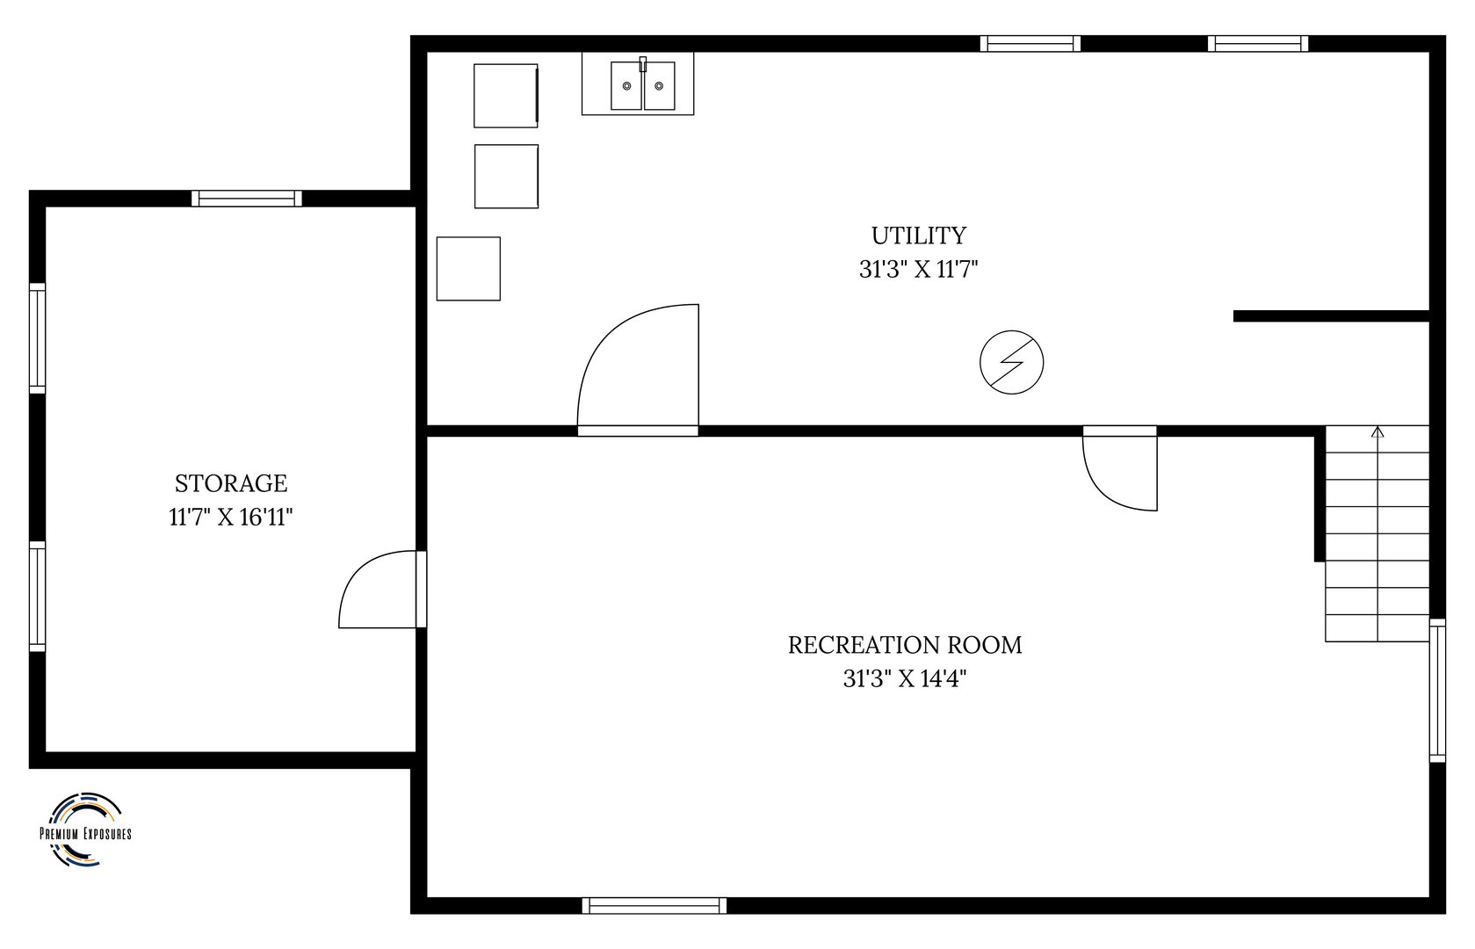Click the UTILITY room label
coord(919,235)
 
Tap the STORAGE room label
coord(231,483)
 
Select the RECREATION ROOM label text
coord(905,645)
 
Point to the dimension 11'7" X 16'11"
coord(230,518)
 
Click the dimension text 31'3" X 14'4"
coord(905,678)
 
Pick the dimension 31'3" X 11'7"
coord(919,270)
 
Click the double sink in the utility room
coord(643,85)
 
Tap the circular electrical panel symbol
coord(1011,362)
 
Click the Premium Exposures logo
coord(85,829)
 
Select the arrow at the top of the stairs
coord(1377,432)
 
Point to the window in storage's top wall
coord(247,199)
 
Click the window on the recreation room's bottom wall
coord(654,906)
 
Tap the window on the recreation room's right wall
coord(1437,691)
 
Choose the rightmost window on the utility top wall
coord(1258,43)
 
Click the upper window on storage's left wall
coord(38,338)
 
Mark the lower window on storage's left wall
coord(38,597)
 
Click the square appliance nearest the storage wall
coord(468,269)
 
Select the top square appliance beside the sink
coord(506,96)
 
